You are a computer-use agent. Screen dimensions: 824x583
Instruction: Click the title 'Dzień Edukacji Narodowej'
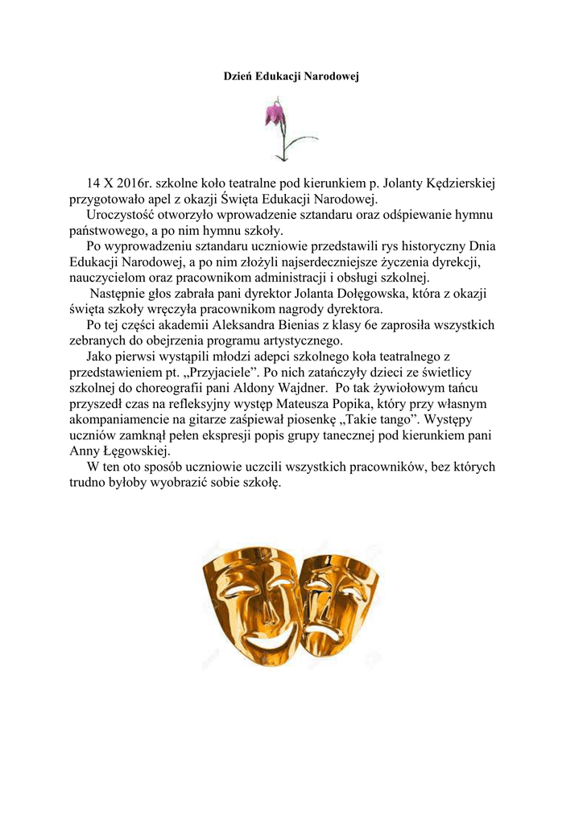coord(291,76)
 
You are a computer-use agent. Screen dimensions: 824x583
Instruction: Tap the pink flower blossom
coord(275,114)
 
